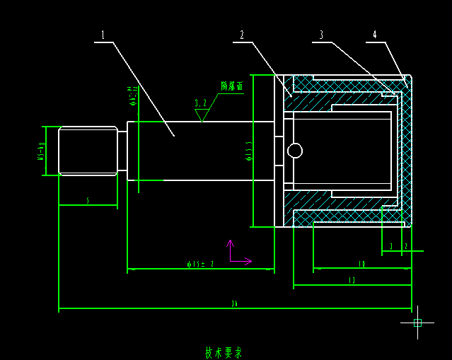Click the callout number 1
click(x=103, y=35)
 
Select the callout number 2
click(x=242, y=35)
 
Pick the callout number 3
click(x=321, y=35)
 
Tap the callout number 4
click(x=375, y=35)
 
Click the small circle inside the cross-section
click(x=295, y=151)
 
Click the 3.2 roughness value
click(x=202, y=103)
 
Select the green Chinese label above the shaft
click(x=231, y=86)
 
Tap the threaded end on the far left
click(x=88, y=151)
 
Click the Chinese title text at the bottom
click(x=224, y=352)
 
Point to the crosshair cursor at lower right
click(x=417, y=323)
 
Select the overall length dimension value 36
click(x=234, y=304)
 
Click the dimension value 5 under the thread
click(x=88, y=201)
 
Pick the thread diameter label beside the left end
click(x=42, y=151)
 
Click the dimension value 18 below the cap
click(x=361, y=264)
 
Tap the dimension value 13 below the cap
click(x=352, y=281)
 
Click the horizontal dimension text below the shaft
click(x=200, y=265)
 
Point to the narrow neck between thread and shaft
click(x=122, y=151)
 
